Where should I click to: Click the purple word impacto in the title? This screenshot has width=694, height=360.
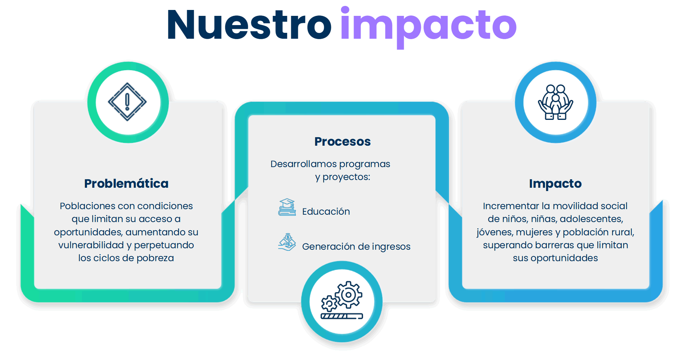pos(428,27)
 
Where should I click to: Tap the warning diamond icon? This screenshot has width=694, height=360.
pos(127,102)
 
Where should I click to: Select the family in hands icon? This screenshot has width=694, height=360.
pos(555,102)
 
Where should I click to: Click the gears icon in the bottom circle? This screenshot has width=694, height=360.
pos(342,300)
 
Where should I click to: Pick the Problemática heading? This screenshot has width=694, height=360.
pos(126,183)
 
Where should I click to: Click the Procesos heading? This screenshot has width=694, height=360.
pos(342,141)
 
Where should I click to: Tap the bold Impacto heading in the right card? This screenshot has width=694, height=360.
pos(555,183)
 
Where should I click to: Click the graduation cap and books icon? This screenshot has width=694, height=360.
pos(287,207)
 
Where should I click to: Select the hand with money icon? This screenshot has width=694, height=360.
pos(287,242)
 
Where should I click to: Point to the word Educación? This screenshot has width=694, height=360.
pos(326,211)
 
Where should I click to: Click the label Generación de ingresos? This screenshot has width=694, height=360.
pos(356,246)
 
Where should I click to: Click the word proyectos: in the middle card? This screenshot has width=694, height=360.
pos(346,177)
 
